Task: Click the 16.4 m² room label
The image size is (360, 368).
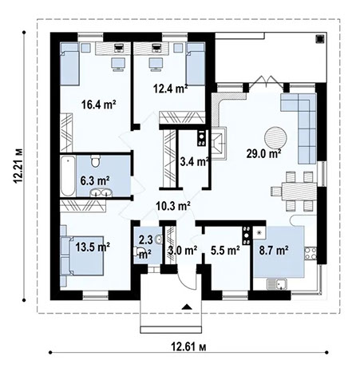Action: click(99, 103)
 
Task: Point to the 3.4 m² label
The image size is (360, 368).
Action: click(195, 162)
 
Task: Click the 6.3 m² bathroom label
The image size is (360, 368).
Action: click(94, 180)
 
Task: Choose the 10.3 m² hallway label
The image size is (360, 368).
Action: click(171, 205)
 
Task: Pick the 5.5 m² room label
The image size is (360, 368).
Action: click(225, 250)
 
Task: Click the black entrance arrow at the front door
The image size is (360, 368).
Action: click(186, 307)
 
